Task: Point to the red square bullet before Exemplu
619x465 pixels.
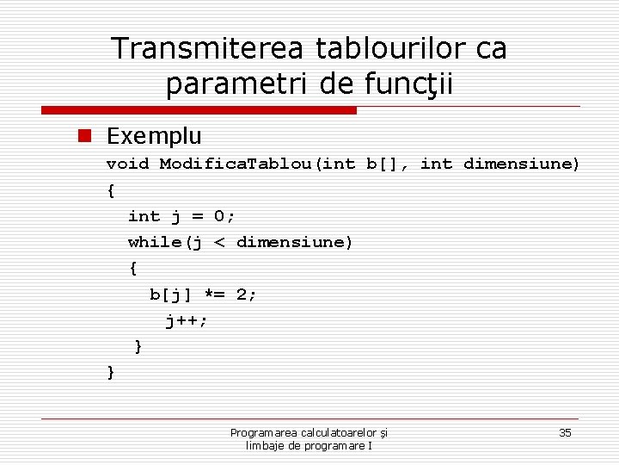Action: coord(84,135)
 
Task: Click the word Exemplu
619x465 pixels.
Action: coord(154,135)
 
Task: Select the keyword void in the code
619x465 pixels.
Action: coord(127,164)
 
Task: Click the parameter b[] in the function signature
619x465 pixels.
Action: coord(382,164)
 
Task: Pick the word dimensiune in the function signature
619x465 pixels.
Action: coord(522,164)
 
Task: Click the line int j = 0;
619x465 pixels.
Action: coord(181,216)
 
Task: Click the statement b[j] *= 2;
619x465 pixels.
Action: coord(204,294)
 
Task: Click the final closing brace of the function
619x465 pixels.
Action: coord(111,372)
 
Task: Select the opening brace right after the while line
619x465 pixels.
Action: coord(132,268)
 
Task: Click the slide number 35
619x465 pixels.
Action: coord(565,432)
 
